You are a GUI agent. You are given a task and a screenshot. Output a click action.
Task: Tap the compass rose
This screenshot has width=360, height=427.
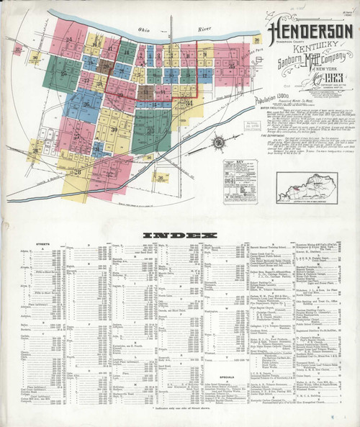point(217,141)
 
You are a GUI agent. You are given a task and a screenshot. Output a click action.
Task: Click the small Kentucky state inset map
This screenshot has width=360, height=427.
point(307,188)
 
